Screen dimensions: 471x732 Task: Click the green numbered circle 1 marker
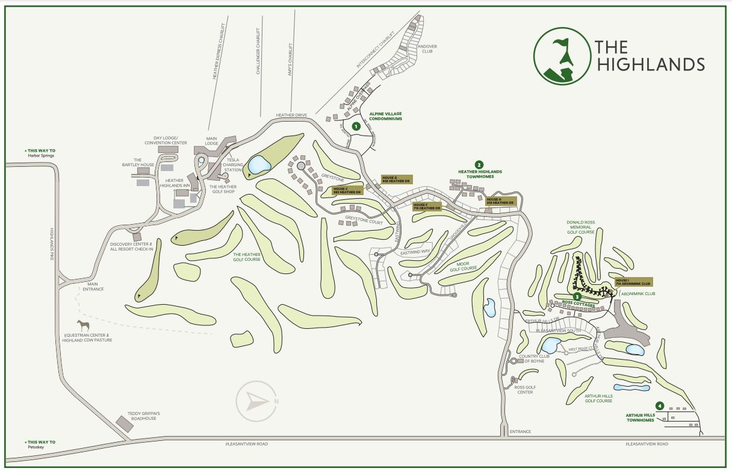pos(356,126)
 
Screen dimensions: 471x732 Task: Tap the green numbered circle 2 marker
pos(479,164)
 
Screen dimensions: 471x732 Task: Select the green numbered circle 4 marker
pos(660,406)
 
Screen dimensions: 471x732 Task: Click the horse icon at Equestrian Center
pos(83,326)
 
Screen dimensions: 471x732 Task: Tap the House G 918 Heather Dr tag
pos(397,179)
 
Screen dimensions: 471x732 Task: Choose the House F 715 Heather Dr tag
pos(427,206)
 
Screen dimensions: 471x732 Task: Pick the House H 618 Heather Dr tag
pos(500,201)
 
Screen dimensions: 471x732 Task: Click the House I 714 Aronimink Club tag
pos(633,282)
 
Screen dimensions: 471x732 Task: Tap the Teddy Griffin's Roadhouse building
pos(125,423)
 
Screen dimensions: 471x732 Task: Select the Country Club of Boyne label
pos(536,358)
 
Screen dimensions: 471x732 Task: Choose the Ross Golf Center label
pos(526,390)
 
